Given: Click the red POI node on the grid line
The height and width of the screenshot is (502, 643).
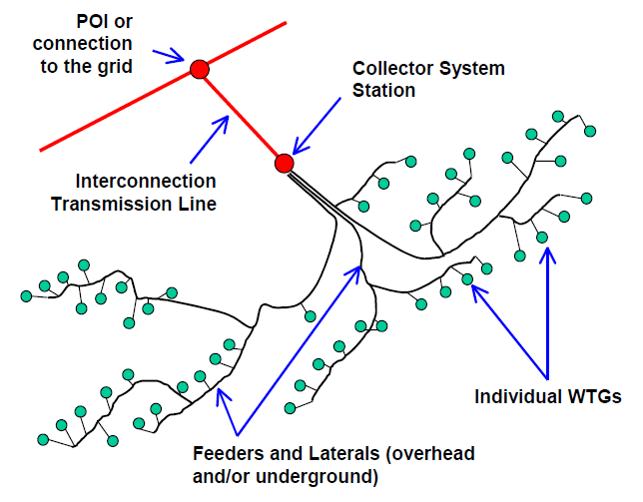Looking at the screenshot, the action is (x=200, y=69).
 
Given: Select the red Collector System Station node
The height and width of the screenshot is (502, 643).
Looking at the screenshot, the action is (x=285, y=163).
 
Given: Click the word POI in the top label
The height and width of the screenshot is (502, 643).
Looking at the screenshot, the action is (x=93, y=21).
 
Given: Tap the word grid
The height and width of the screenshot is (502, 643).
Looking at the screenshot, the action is (x=115, y=67).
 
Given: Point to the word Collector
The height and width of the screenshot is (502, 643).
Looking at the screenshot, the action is (x=390, y=68).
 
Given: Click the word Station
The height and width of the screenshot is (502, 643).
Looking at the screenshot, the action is (x=383, y=90).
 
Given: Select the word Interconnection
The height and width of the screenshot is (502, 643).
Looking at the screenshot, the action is (x=146, y=181).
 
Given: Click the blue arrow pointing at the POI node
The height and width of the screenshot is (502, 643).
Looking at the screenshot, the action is (x=168, y=56).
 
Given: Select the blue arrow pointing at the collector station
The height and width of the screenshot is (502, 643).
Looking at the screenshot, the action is (x=317, y=126).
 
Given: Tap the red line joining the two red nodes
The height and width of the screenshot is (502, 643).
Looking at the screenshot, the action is (x=242, y=116).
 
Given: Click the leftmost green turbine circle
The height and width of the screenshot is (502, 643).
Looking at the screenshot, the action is (x=26, y=295).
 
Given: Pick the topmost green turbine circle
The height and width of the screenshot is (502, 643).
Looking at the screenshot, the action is (x=558, y=117).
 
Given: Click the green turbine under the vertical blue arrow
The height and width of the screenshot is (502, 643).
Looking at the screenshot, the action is (x=542, y=237).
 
